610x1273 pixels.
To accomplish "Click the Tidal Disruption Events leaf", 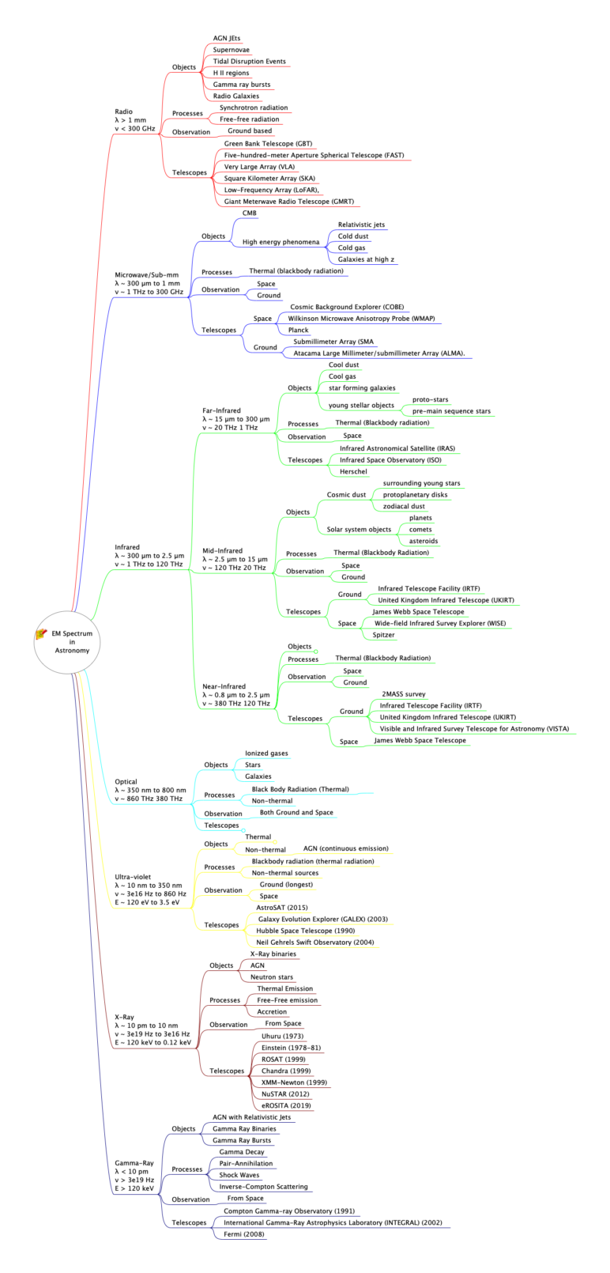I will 249,61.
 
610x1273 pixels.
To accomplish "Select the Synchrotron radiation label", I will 253,108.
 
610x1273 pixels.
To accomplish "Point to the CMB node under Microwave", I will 249,213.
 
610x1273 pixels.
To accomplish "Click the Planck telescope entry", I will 298,330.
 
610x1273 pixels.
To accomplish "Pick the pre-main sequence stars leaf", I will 451,411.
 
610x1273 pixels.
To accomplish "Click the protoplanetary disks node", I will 415,495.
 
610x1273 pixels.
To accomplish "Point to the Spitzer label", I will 384,635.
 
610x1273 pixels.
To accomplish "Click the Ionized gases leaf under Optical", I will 266,754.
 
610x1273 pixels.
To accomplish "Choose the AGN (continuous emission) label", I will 345,848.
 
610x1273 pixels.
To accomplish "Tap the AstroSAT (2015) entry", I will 281,908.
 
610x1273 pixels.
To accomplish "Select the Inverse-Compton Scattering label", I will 263,1187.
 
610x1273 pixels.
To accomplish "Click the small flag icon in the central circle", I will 43,634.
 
